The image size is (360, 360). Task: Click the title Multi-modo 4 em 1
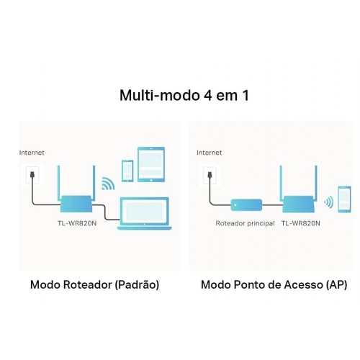coord(184,95)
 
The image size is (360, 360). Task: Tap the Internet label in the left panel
coord(32,153)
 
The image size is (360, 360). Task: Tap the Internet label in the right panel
coord(209,153)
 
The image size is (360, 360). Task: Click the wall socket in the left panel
coord(32,175)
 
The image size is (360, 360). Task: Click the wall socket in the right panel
coord(210,175)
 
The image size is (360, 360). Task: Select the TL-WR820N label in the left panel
coord(77,223)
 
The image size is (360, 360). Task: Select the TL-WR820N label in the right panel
coord(300,223)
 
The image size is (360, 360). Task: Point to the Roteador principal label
coord(245,223)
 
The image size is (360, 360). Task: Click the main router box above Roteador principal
coord(246,205)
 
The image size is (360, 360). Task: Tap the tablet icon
coord(151,164)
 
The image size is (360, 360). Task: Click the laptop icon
coord(145,214)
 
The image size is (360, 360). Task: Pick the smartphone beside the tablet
coord(127,171)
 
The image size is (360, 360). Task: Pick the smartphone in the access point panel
coord(344,199)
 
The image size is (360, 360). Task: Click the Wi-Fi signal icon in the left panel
coord(108,184)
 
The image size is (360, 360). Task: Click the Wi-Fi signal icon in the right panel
coord(329,202)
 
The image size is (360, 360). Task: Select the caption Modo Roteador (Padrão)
coord(94,285)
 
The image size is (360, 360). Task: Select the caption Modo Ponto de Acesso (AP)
coord(274,285)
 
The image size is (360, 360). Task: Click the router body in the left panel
coord(76,204)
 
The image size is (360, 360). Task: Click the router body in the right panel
coord(299,204)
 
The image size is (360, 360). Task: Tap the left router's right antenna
coord(94,183)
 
